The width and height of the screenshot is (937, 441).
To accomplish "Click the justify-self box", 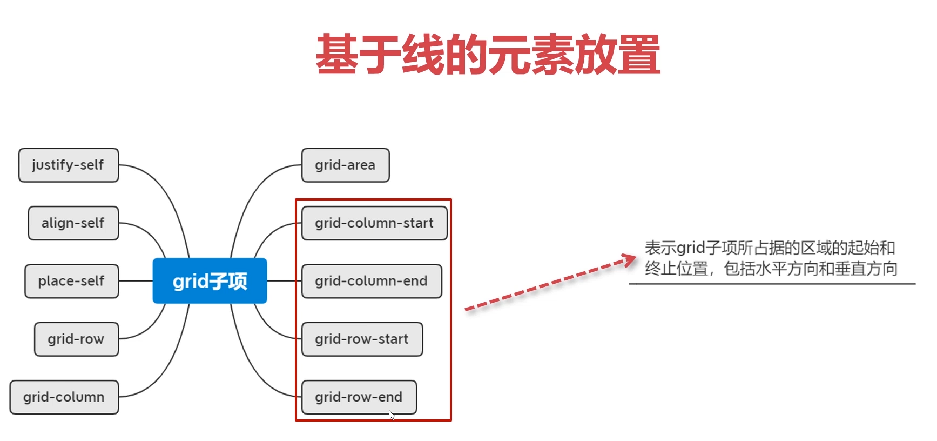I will click(69, 165).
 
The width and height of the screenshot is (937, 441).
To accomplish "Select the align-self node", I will click(73, 223).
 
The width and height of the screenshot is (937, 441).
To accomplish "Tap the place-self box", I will click(71, 281).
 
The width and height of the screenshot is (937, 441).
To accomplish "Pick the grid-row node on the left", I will click(76, 339).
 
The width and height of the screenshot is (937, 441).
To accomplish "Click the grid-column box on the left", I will click(64, 397).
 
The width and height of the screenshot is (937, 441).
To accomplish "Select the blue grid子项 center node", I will click(210, 281).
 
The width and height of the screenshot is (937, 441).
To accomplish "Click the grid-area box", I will click(345, 165).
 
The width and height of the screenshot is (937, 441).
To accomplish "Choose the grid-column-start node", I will click(374, 223).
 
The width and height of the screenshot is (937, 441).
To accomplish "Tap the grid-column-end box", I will click(372, 281).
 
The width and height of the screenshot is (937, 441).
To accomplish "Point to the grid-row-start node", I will click(362, 339).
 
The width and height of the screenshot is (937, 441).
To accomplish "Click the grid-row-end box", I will click(359, 397).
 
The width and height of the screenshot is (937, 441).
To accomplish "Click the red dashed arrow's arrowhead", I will click(630, 260).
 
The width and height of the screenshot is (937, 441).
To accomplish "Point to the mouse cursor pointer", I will click(392, 415).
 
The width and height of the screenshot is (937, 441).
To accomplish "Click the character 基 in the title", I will click(337, 55).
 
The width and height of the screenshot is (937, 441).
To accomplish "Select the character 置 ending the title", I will click(639, 55).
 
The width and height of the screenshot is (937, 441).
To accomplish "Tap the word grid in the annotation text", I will click(691, 248).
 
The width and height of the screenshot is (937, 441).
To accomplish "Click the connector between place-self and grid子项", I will click(136, 281).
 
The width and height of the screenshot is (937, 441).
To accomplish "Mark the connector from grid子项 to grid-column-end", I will click(284, 281).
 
